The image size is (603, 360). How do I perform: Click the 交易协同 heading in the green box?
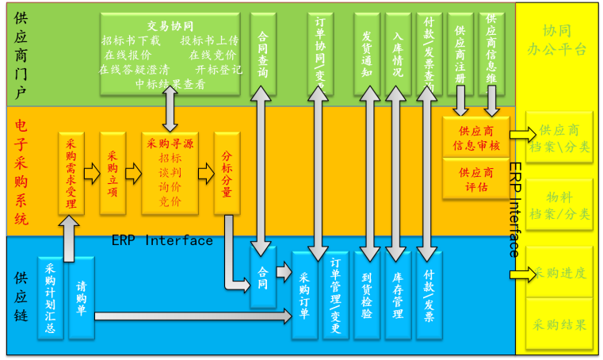click(170, 25)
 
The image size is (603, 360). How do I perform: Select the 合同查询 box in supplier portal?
click(263, 52)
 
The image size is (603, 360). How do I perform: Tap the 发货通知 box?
click(367, 52)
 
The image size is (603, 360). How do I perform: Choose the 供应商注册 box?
click(460, 52)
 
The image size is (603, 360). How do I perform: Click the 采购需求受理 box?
click(71, 172)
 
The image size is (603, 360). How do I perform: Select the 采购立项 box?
click(113, 172)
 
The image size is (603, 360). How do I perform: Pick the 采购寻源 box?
click(170, 172)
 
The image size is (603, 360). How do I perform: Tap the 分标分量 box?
click(227, 172)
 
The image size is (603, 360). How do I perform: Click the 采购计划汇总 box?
click(50, 297)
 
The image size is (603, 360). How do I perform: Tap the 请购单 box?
click(81, 297)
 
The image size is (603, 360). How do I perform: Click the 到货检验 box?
click(367, 295)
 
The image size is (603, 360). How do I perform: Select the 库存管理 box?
click(398, 295)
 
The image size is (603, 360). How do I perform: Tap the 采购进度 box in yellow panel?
click(559, 274)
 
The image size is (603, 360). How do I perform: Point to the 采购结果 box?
click(559, 325)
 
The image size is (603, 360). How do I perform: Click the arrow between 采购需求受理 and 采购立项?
click(92, 172)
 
